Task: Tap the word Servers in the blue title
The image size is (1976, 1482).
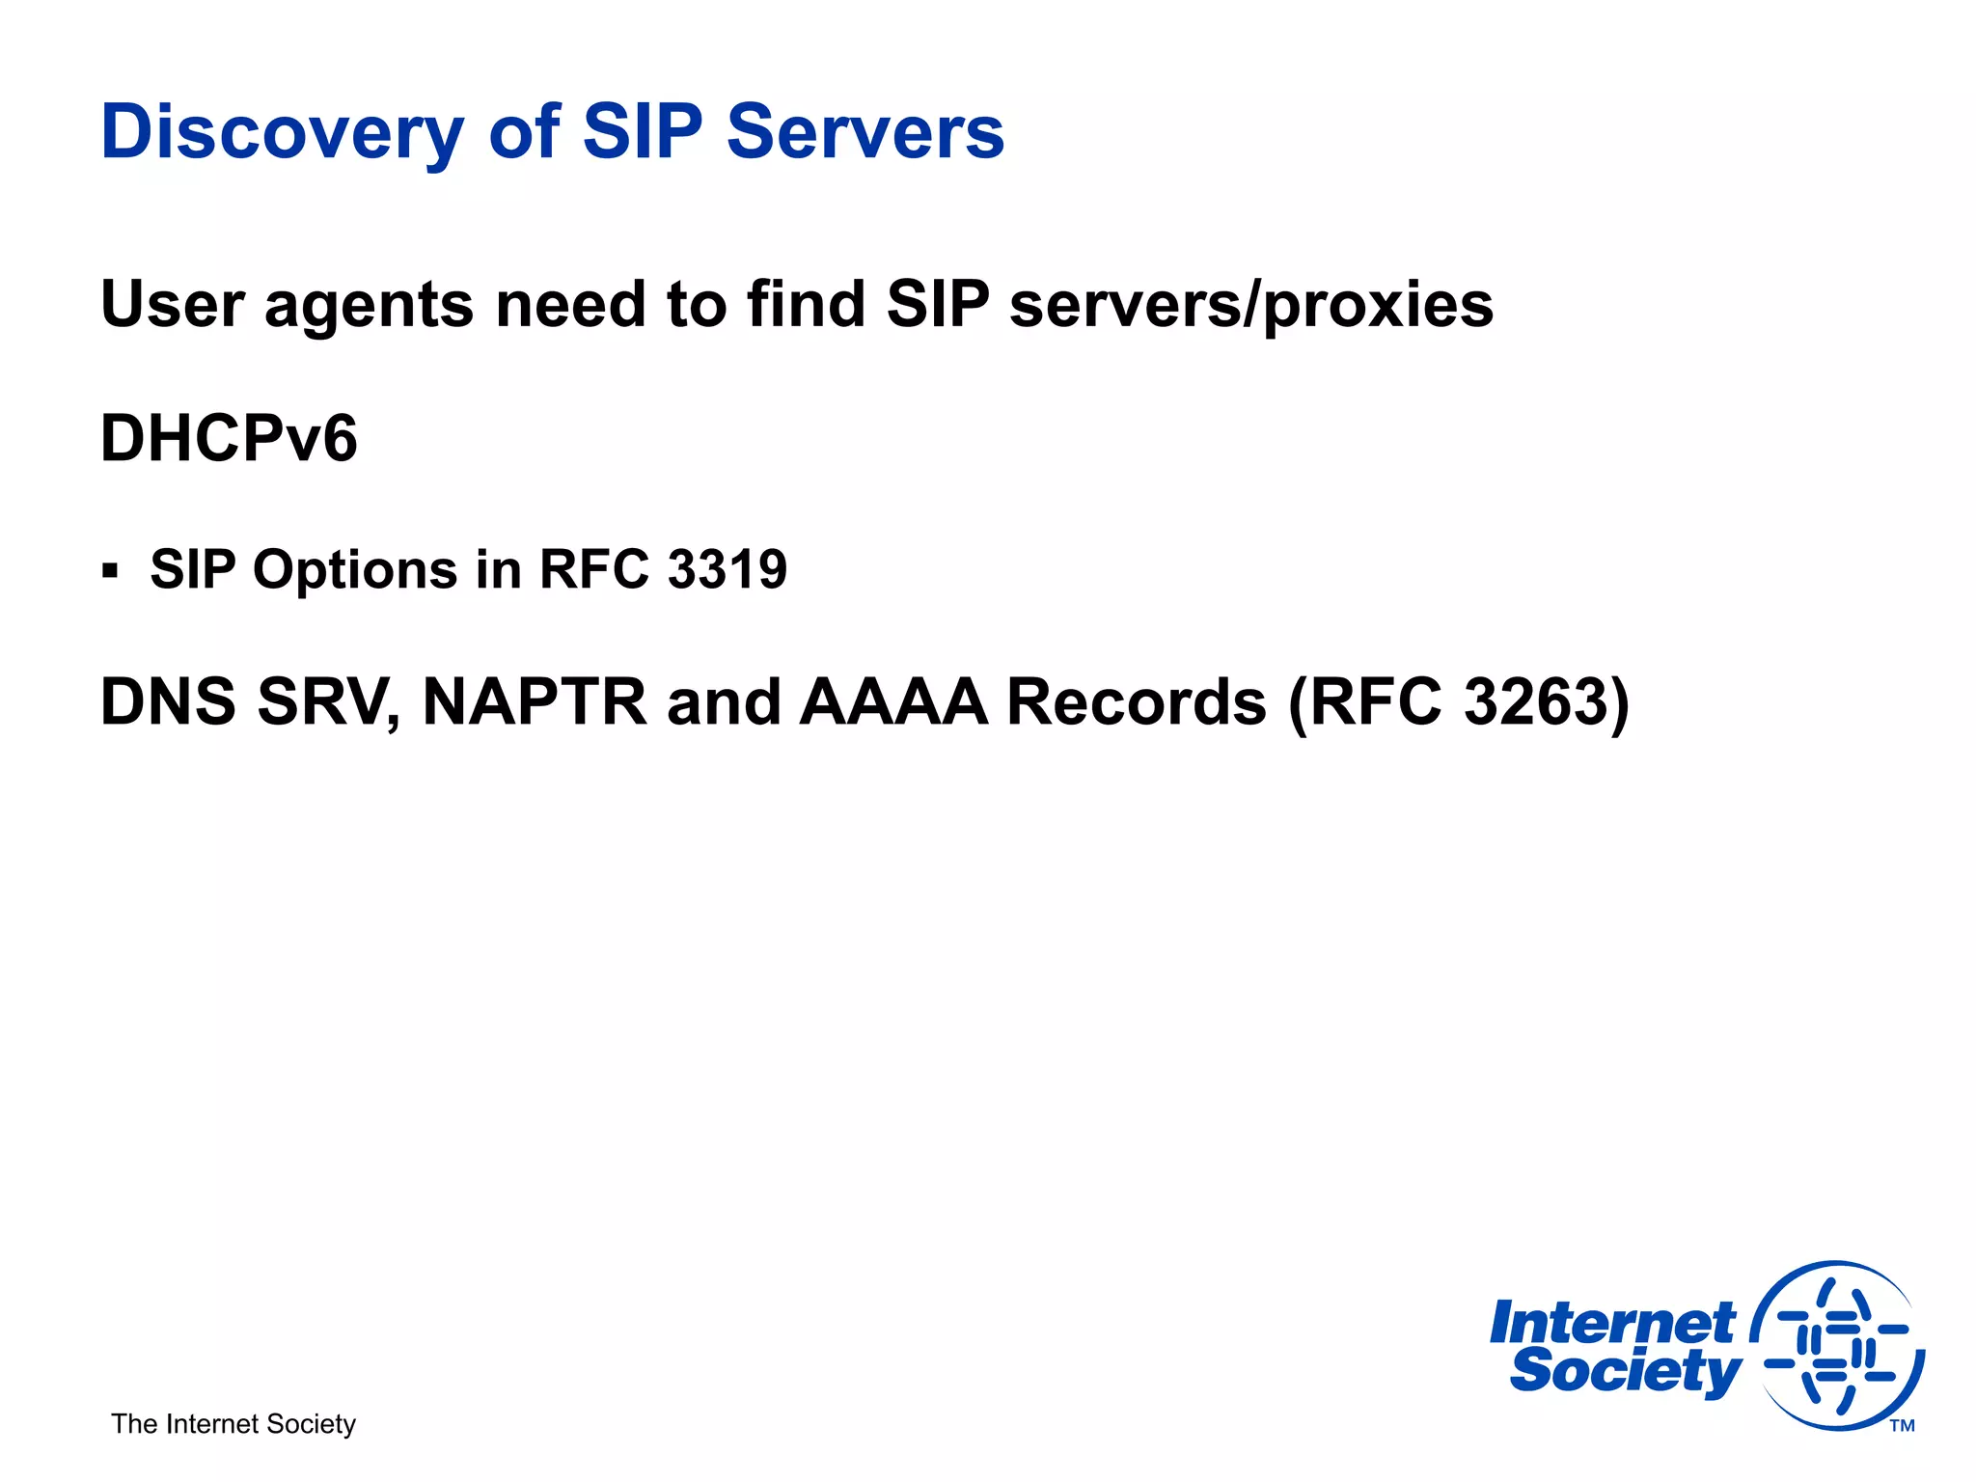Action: point(865,132)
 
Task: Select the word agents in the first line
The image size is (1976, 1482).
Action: point(369,306)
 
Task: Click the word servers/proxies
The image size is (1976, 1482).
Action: point(1251,306)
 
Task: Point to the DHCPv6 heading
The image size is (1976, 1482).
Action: point(229,439)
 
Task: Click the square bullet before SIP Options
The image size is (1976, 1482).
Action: point(110,570)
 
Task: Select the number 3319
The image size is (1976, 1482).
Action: point(727,569)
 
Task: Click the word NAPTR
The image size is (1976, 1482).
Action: point(535,701)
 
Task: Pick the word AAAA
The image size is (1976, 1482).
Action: point(893,701)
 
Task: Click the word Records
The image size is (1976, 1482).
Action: point(1136,701)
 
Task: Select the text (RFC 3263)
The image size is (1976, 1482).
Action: point(1459,701)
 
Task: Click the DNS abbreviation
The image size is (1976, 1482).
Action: point(168,701)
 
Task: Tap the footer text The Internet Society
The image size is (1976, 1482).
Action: point(233,1424)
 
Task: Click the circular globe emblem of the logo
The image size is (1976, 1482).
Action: point(1837,1345)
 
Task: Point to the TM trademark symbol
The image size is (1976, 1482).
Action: point(1902,1426)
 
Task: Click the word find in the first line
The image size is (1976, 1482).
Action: point(806,306)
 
